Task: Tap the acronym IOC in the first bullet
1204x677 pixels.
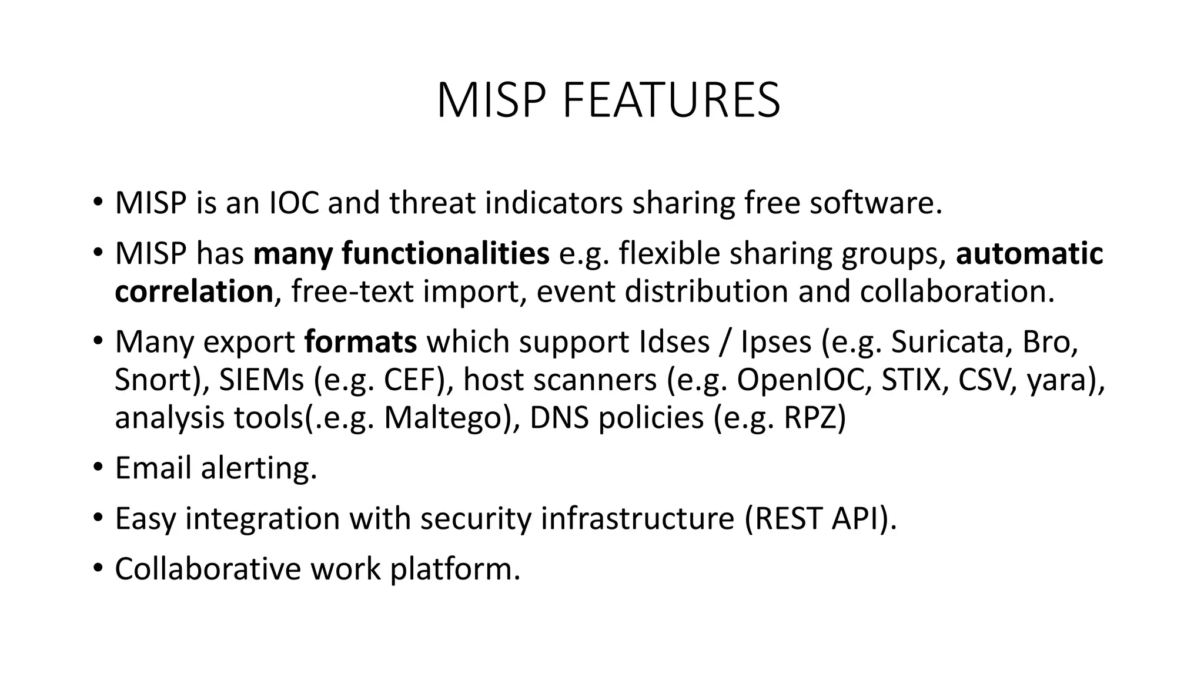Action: point(294,203)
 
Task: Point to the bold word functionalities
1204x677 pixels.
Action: point(446,253)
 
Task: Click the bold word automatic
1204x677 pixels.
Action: point(1029,253)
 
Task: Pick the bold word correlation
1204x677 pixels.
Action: point(194,291)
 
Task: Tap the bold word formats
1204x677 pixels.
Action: point(360,342)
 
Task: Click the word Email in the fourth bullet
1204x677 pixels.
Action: point(153,468)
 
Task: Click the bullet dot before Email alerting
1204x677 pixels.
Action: point(98,468)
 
